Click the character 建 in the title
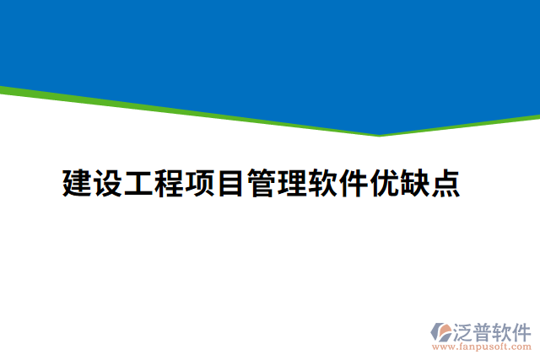click(78, 183)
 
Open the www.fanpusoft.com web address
click(482, 346)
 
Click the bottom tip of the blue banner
click(379, 134)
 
